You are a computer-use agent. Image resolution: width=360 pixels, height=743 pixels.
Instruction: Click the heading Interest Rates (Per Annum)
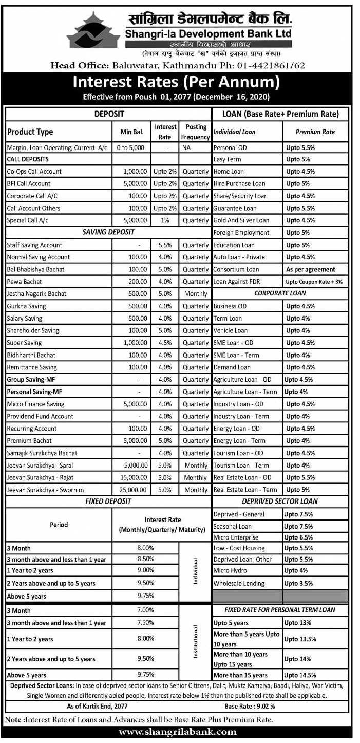pos(177,82)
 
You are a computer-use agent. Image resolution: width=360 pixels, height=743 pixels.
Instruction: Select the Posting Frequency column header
pos(196,132)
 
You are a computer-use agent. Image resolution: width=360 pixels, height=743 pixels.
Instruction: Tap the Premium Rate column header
pos(315,132)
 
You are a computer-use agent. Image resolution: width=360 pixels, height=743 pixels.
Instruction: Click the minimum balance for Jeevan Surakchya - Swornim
pos(135,490)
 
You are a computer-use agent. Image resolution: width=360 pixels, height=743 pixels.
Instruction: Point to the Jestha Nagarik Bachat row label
pos(36,294)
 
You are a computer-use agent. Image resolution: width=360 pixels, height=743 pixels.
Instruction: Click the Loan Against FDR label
pos(236,282)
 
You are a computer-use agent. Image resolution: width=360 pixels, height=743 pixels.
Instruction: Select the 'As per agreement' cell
pos(310,269)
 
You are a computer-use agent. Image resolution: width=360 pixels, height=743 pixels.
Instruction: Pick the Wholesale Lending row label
pos(239,583)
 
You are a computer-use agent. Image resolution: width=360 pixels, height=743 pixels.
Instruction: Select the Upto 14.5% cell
pos(301,675)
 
